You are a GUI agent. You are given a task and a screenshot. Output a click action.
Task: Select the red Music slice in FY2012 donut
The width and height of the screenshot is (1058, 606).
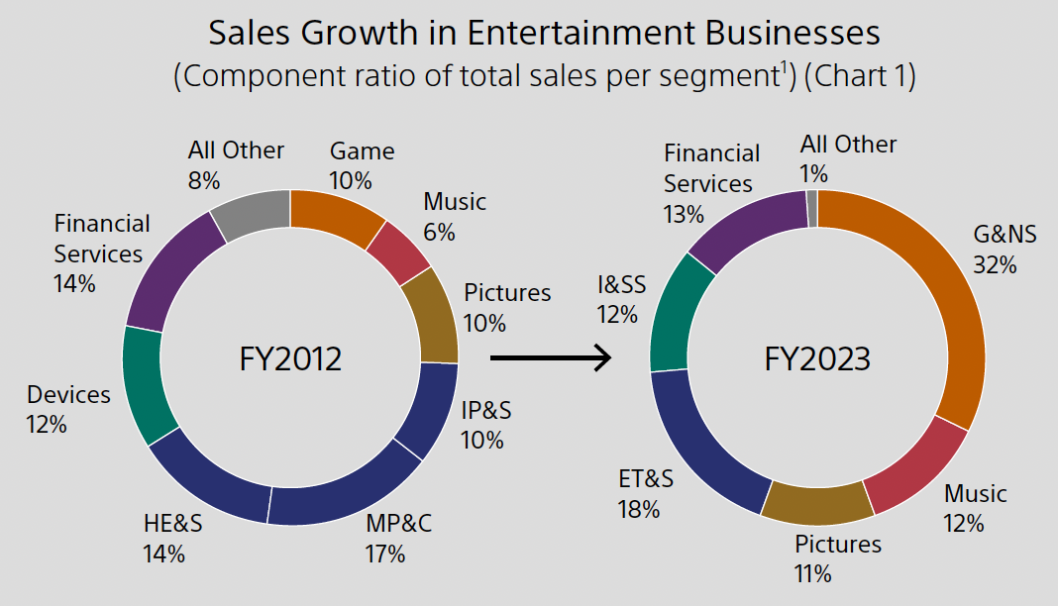tap(398, 252)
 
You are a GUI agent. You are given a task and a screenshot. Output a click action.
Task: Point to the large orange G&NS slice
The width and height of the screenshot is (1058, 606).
tap(946, 297)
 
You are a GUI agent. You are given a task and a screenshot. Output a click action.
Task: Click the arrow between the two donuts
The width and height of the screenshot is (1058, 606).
tap(551, 357)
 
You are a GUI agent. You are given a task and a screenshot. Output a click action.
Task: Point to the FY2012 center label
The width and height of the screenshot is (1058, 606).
tap(290, 357)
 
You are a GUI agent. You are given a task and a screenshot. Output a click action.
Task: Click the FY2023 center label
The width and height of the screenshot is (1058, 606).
tap(817, 357)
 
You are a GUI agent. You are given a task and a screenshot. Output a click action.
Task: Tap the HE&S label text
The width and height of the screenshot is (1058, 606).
tap(172, 524)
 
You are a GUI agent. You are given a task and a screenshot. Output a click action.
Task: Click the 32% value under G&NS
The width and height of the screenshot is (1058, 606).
tap(995, 264)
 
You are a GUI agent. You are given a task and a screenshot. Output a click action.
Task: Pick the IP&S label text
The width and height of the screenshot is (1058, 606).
tap(485, 410)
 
